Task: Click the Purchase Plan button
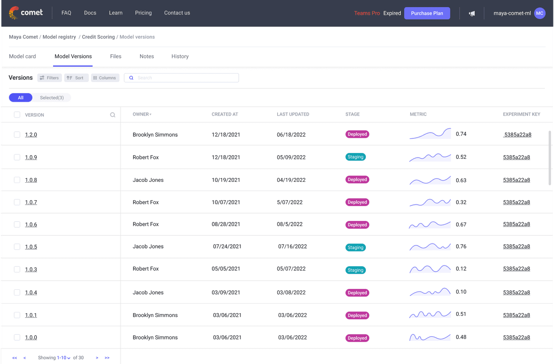pyautogui.click(x=427, y=13)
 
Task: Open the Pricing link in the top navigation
pyautogui.click(x=143, y=13)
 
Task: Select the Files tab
pyautogui.click(x=115, y=56)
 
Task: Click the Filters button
pyautogui.click(x=50, y=78)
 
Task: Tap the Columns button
pyautogui.click(x=105, y=78)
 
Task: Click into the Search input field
pyautogui.click(x=185, y=78)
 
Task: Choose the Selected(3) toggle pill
pyautogui.click(x=52, y=98)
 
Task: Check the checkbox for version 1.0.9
pyautogui.click(x=17, y=157)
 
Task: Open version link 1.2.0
pyautogui.click(x=31, y=135)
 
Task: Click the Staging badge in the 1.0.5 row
pyautogui.click(x=355, y=247)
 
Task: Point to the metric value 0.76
pyautogui.click(x=461, y=247)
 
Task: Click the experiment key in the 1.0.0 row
pyautogui.click(x=516, y=337)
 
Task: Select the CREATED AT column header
pyautogui.click(x=225, y=114)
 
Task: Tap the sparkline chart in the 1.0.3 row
pyautogui.click(x=430, y=269)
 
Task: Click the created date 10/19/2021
pyautogui.click(x=226, y=180)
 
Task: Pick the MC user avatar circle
pyautogui.click(x=540, y=13)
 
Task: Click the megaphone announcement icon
pyautogui.click(x=472, y=13)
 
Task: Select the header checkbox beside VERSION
pyautogui.click(x=17, y=115)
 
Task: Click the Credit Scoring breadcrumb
pyautogui.click(x=98, y=37)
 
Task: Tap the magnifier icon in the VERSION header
pyautogui.click(x=113, y=115)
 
